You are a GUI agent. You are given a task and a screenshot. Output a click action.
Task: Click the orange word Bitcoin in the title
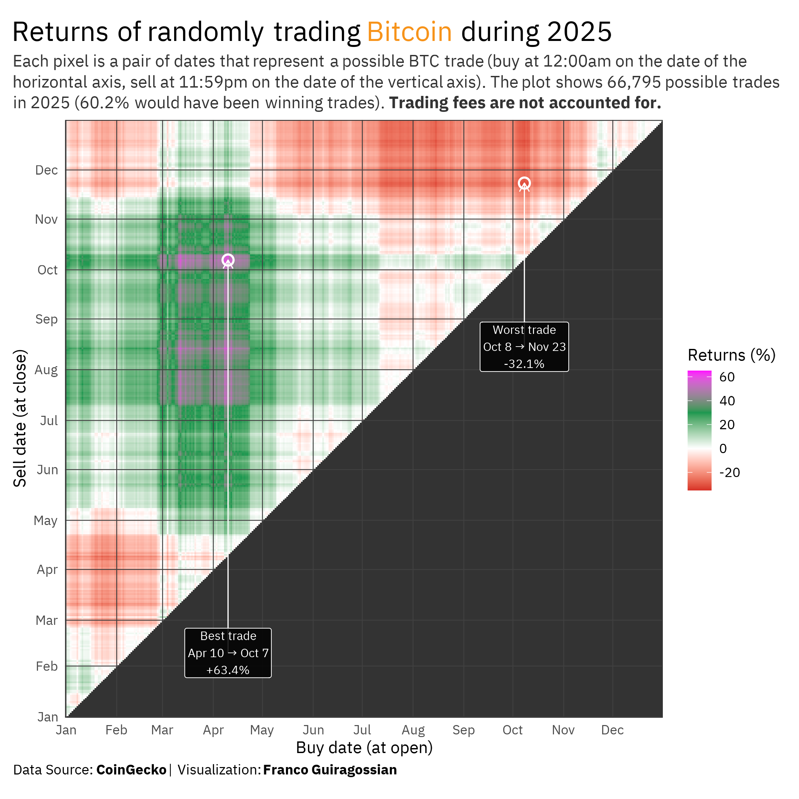pos(409,32)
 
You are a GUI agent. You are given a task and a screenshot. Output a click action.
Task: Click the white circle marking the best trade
pos(228,260)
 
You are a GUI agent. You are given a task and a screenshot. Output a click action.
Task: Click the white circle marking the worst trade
pos(524,183)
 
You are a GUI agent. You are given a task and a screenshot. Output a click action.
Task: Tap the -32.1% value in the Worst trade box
pos(524,364)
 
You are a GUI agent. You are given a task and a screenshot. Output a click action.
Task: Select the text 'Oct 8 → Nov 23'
pos(524,347)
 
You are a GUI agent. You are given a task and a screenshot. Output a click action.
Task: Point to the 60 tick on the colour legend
pos(727,377)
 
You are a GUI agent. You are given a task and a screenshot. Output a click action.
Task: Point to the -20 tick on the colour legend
pos(729,472)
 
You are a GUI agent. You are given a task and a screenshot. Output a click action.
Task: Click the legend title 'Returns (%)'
pos(731,355)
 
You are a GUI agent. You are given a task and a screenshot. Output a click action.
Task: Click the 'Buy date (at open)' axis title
pos(364,748)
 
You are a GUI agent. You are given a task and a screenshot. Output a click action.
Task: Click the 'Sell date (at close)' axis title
pos(20,418)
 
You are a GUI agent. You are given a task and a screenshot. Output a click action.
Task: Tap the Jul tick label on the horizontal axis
pos(362,730)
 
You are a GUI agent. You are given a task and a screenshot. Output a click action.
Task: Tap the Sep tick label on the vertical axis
pos(46,319)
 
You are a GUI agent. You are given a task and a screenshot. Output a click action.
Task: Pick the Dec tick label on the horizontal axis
pos(612,730)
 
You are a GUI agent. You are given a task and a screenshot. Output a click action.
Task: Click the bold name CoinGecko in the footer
pos(131,770)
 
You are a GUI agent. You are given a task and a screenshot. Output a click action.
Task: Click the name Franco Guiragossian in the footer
pos(330,770)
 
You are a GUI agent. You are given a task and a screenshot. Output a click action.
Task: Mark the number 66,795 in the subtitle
pos(634,82)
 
